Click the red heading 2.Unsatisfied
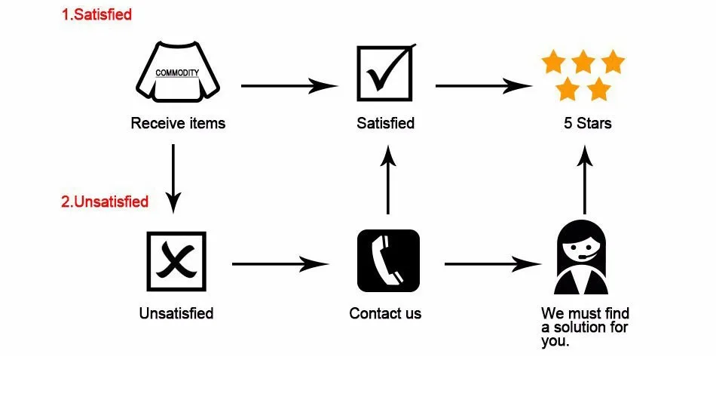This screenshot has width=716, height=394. click(x=105, y=202)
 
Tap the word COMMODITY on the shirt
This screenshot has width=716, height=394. click(x=177, y=73)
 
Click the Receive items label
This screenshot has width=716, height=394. click(x=178, y=122)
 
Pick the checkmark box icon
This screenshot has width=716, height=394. click(x=385, y=74)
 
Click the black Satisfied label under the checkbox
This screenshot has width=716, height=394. click(x=385, y=122)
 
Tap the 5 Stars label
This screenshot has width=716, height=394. click(x=587, y=122)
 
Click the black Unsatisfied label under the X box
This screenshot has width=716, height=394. click(x=176, y=312)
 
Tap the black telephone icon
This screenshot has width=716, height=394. click(x=387, y=260)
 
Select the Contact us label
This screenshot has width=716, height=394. click(x=385, y=312)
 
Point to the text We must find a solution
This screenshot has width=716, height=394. click(x=585, y=326)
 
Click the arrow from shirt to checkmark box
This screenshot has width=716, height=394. click(x=289, y=86)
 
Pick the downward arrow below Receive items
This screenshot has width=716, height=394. click(x=173, y=178)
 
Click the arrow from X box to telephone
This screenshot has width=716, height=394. click(x=280, y=264)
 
